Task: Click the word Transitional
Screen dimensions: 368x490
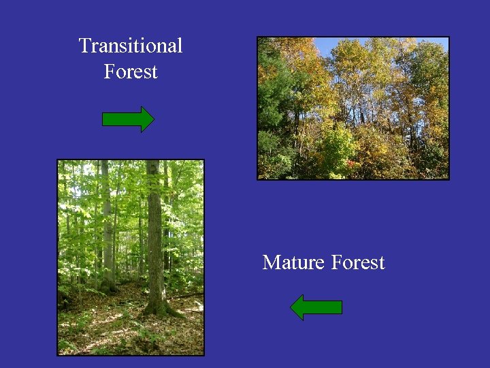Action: click(131, 46)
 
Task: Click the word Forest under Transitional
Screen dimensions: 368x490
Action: click(131, 72)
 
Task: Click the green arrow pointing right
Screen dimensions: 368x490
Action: click(127, 119)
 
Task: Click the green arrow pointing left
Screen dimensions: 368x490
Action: click(316, 307)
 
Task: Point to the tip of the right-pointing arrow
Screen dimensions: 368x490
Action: click(153, 119)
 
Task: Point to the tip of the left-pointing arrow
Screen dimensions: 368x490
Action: click(291, 307)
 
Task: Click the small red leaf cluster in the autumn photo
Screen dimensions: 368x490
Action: click(352, 164)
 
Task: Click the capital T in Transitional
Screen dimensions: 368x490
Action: click(85, 46)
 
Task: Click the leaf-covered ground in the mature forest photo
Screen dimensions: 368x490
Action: click(109, 334)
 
